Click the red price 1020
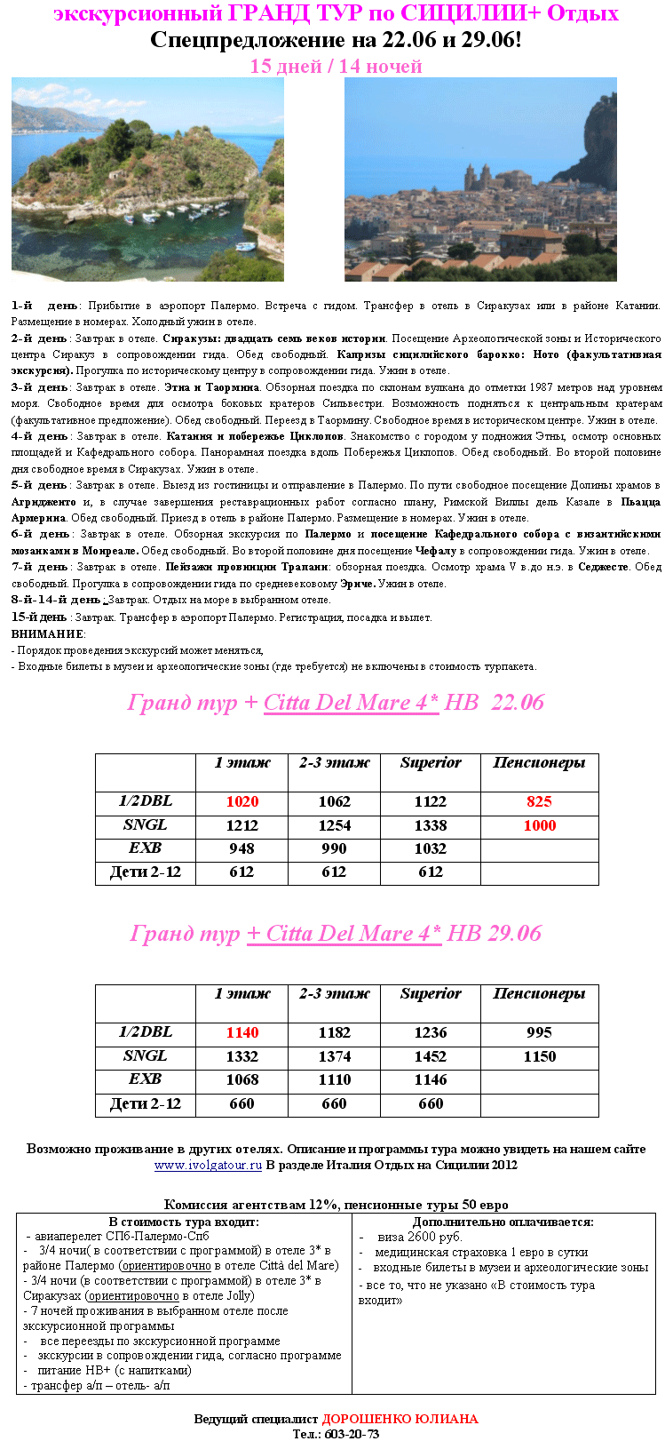[241, 801]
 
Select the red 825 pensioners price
[539, 801]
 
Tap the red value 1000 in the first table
[539, 825]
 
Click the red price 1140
[241, 1032]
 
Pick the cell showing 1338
[430, 825]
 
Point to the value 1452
[430, 1056]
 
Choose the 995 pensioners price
[539, 1032]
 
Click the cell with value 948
[241, 848]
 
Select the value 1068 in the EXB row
[241, 1079]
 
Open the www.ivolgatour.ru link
[208, 1165]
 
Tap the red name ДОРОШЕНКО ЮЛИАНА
[400, 1419]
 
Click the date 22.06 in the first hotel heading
[517, 703]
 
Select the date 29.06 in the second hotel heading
[514, 934]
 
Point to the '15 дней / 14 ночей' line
[336, 67]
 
